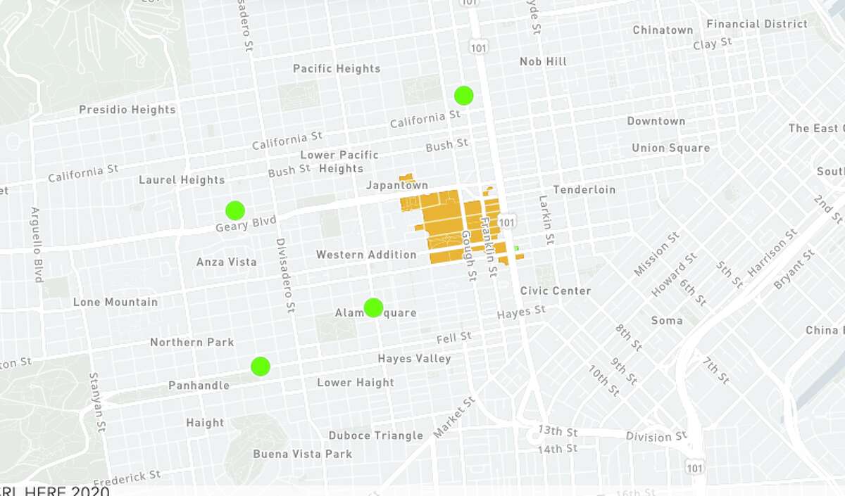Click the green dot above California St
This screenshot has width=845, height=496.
click(x=463, y=95)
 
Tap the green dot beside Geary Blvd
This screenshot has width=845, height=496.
click(x=234, y=210)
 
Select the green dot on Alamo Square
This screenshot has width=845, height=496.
click(x=373, y=307)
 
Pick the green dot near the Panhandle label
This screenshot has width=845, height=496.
click(x=261, y=366)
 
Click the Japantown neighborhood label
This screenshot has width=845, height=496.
click(x=396, y=185)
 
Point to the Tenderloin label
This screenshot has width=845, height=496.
click(x=584, y=190)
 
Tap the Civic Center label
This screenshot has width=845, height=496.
click(x=556, y=291)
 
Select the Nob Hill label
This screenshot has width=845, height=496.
click(x=543, y=62)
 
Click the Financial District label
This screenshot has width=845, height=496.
click(x=757, y=25)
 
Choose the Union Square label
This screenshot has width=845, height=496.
click(x=670, y=148)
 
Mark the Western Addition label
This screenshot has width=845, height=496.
click(x=366, y=255)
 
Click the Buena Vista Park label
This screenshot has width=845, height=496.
click(x=302, y=454)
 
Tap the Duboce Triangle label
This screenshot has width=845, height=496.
click(x=376, y=435)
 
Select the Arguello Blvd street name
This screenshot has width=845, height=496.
click(x=36, y=245)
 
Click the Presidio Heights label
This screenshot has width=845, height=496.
click(x=127, y=110)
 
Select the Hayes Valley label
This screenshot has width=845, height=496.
click(x=414, y=359)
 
